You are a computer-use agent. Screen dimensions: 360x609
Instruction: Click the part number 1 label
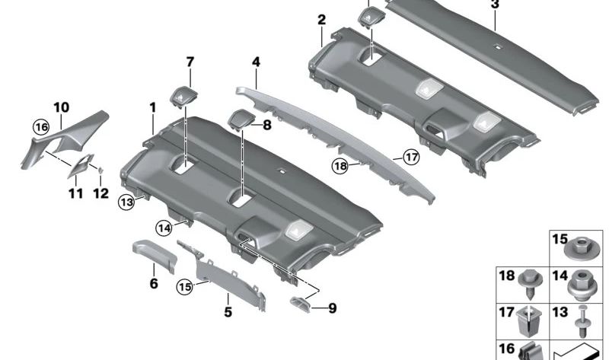pos(153,109)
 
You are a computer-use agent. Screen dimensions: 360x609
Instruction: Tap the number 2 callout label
pos(321,19)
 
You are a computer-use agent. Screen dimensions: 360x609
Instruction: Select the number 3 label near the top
pos(495,5)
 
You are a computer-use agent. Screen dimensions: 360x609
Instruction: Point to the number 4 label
pos(257,60)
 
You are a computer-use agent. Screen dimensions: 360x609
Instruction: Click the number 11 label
pos(75,194)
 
